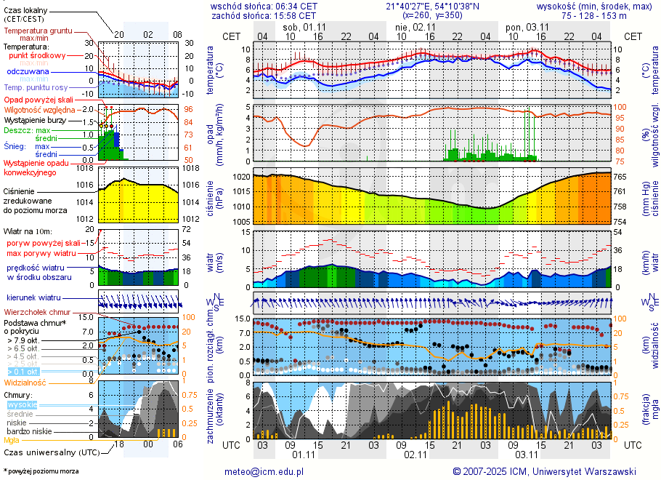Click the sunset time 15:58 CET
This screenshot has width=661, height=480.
click(296, 15)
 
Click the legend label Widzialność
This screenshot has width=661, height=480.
click(25, 382)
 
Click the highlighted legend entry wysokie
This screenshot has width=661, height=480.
click(22, 404)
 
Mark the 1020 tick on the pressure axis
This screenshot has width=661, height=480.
click(241, 177)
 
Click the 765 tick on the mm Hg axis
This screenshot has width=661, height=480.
click(623, 177)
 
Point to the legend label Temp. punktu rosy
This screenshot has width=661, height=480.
click(36, 88)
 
